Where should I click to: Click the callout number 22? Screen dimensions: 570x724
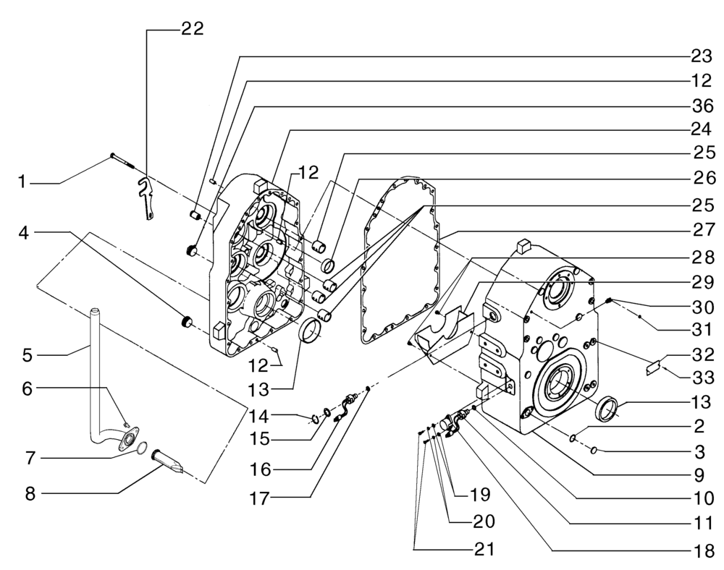(192, 28)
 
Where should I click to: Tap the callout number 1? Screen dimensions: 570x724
(25, 184)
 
